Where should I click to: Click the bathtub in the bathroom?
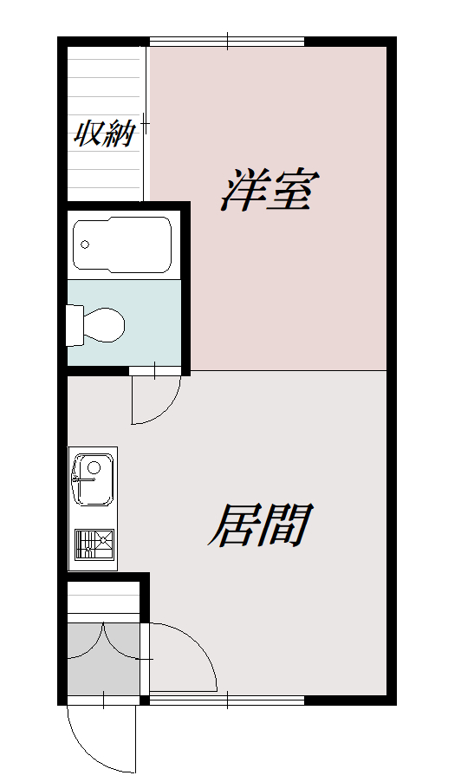(x=122, y=245)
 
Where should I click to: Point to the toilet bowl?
(x=103, y=323)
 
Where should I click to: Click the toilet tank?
(x=74, y=323)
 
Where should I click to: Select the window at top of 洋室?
(x=227, y=41)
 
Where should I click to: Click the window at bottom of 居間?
(x=227, y=698)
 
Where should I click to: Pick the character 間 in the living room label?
(x=286, y=525)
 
